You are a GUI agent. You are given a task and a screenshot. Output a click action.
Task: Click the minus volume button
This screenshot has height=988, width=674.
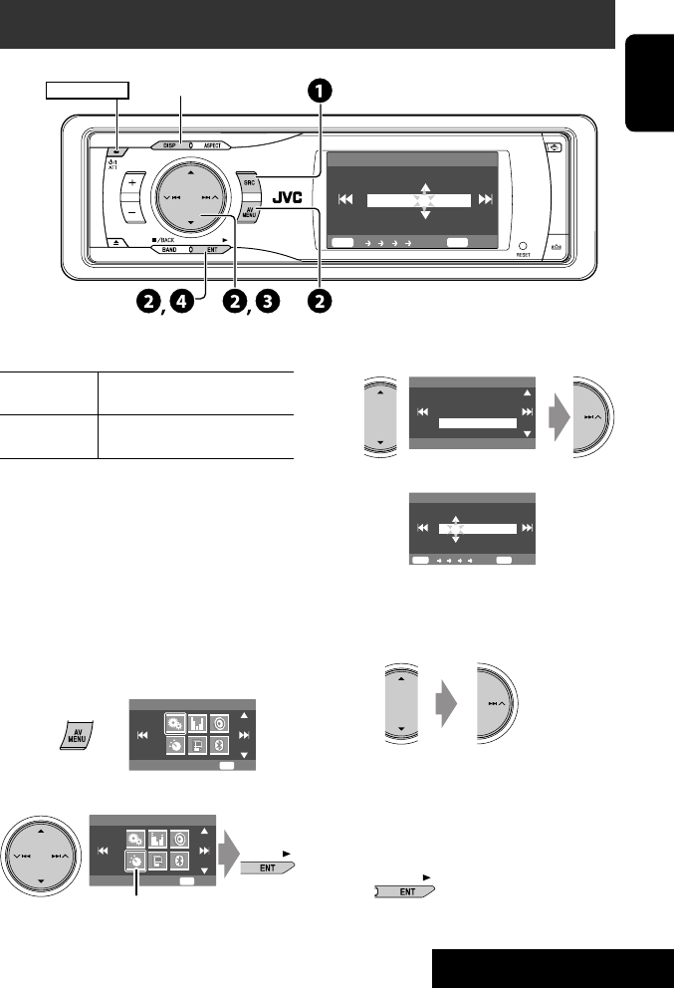131,213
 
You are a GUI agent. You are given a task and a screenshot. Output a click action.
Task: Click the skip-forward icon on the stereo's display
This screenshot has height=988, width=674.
485,199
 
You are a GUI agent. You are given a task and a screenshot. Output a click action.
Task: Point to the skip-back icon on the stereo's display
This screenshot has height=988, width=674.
345,199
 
